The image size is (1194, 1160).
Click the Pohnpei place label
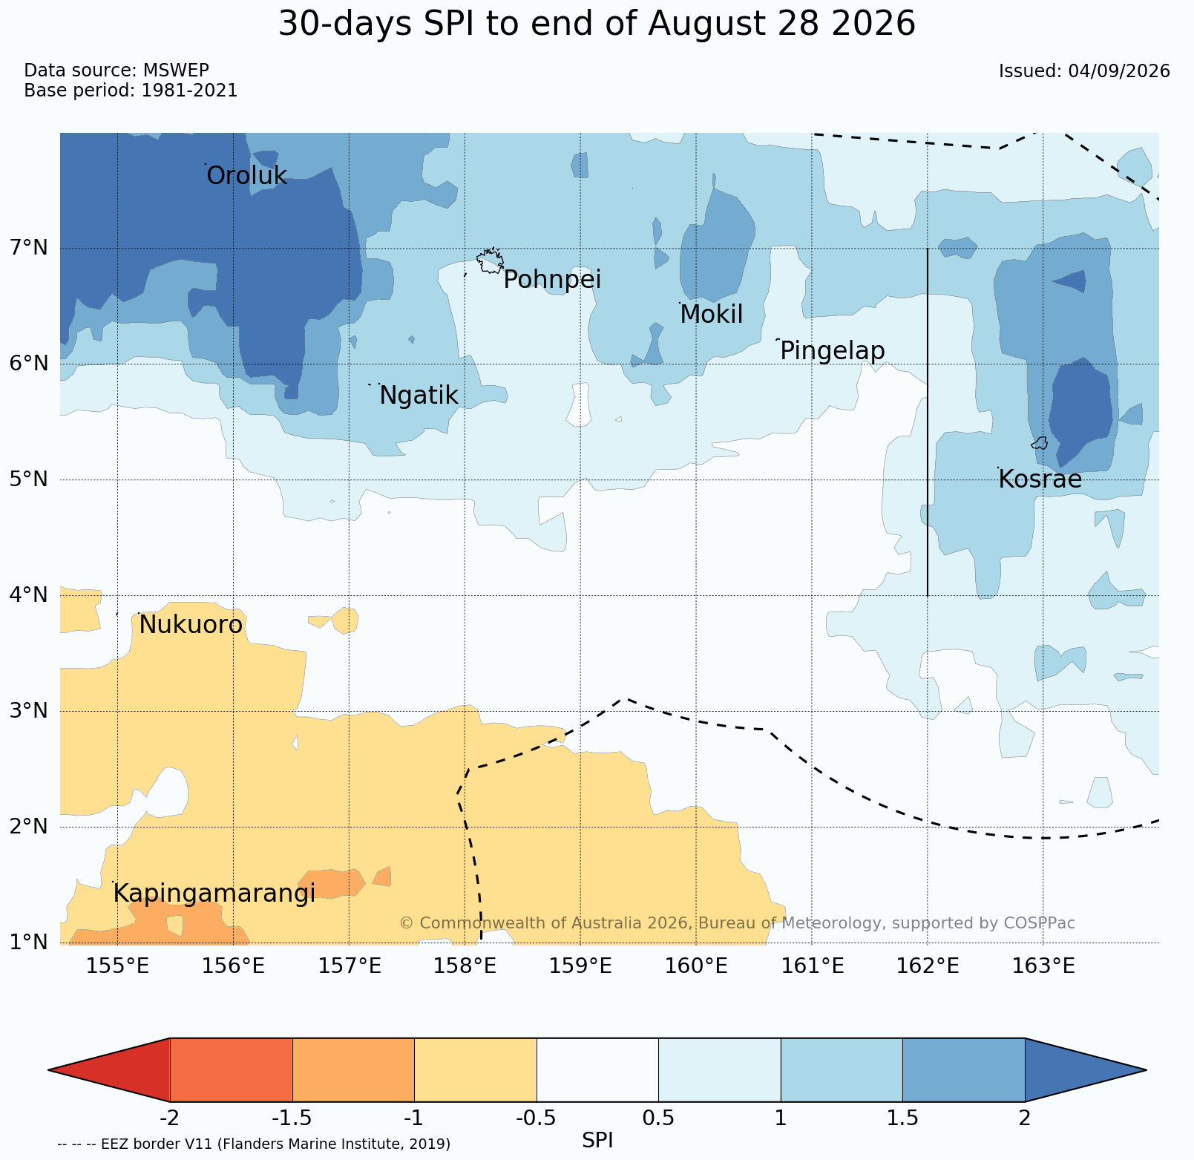point(552,281)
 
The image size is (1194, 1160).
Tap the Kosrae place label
point(1040,480)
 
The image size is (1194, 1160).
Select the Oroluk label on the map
point(246,176)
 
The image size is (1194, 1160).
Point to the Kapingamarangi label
point(214,894)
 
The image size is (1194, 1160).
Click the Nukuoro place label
point(191,626)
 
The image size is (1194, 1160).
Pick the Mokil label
point(711,315)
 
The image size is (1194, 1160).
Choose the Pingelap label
point(832,351)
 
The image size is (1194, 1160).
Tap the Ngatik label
point(419,396)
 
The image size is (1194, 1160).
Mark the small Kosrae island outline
point(1040,443)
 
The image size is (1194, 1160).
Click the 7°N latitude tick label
point(30,247)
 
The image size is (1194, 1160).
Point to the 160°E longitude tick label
point(697,966)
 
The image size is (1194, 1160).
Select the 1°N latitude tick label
point(30,943)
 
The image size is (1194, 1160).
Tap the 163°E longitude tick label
point(1043,966)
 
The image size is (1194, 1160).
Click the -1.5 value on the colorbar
point(292,1118)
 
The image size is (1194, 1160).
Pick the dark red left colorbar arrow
point(109,1069)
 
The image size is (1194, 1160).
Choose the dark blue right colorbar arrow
point(1086,1069)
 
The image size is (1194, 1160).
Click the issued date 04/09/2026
point(1119,71)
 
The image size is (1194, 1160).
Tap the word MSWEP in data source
point(176,71)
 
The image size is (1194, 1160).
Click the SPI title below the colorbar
point(597,1141)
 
